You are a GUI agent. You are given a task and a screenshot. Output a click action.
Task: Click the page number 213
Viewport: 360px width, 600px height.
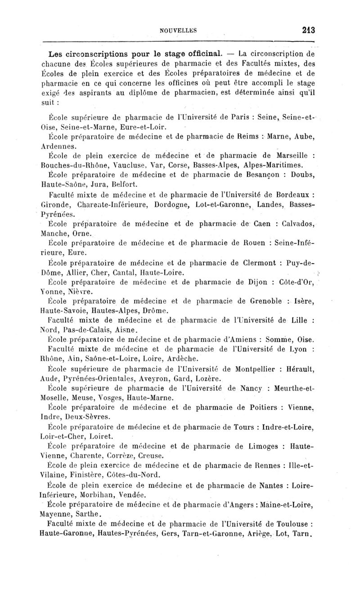coord(308,31)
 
